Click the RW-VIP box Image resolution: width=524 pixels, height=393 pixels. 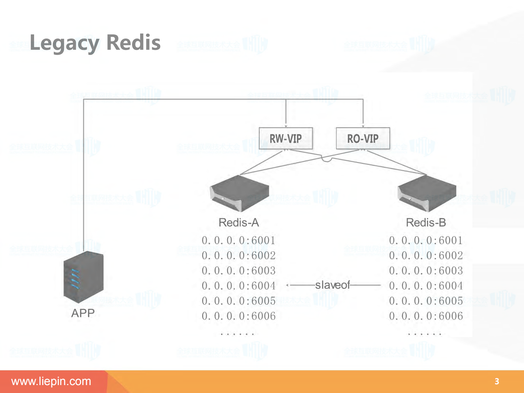pyautogui.click(x=286, y=138)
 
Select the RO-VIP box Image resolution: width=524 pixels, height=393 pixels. pyautogui.click(x=363, y=138)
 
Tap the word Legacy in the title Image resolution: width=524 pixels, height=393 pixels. pyautogui.click(x=64, y=43)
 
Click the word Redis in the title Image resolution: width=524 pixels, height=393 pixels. pyautogui.click(x=133, y=43)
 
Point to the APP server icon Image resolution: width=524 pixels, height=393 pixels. pyautogui.click(x=83, y=277)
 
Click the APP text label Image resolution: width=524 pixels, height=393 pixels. pyautogui.click(x=83, y=313)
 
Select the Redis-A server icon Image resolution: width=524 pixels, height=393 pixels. pyautogui.click(x=239, y=193)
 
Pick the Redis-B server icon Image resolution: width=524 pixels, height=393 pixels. pyautogui.click(x=427, y=193)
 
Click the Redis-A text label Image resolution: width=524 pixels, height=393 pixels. pyautogui.click(x=239, y=223)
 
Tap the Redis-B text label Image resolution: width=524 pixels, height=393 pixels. pyautogui.click(x=426, y=223)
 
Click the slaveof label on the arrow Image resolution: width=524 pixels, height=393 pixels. pyautogui.click(x=332, y=285)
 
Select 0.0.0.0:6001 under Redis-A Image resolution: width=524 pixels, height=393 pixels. pyautogui.click(x=239, y=241)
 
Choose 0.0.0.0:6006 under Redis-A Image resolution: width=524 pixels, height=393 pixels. pyautogui.click(x=239, y=316)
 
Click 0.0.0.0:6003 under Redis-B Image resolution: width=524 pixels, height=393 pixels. pyautogui.click(x=426, y=271)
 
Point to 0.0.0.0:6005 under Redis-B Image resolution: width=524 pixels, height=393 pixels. pyautogui.click(x=426, y=301)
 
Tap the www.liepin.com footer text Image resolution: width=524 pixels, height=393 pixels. pyautogui.click(x=51, y=381)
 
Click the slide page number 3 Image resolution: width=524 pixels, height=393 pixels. pyautogui.click(x=497, y=381)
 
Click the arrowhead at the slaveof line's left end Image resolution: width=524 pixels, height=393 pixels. pyautogui.click(x=288, y=285)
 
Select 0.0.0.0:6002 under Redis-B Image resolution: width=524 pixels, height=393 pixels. pyautogui.click(x=426, y=256)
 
